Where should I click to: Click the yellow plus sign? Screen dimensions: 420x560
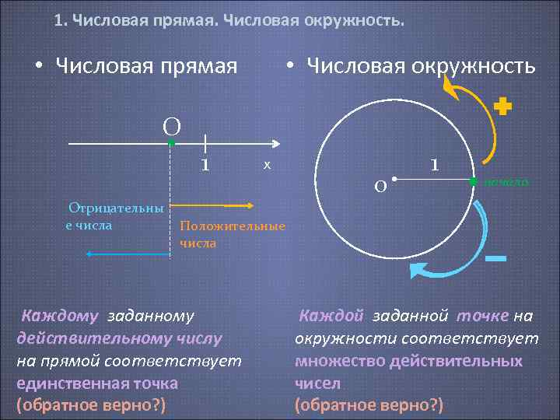click(504, 107)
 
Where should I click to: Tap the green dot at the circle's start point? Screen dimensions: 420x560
click(473, 180)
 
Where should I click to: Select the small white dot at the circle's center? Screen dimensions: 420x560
click(395, 180)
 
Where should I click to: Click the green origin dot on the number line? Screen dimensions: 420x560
click(171, 144)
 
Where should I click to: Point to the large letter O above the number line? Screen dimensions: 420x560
click(172, 126)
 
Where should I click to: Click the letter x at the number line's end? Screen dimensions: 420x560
click(266, 164)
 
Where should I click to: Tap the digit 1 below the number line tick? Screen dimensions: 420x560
click(205, 165)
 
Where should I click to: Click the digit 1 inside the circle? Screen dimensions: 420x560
click(435, 165)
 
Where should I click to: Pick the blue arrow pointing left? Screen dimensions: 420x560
click(128, 254)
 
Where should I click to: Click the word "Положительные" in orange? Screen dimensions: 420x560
click(233, 226)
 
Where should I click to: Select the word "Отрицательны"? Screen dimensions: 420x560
click(116, 208)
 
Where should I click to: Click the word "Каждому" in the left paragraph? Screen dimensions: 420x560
click(60, 316)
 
